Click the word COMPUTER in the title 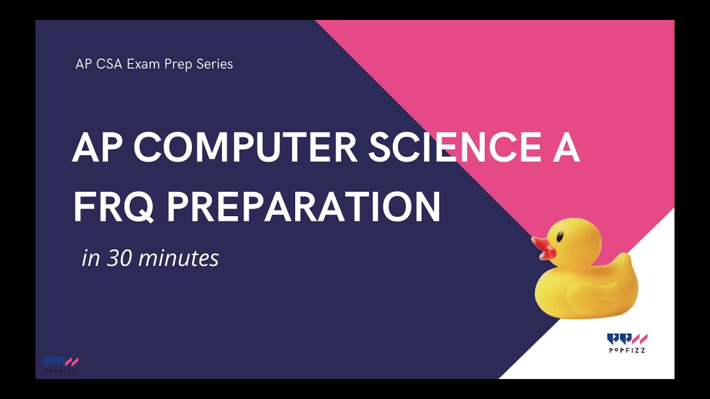point(246,148)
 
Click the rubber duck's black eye point(559,237)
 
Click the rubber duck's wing point(588,288)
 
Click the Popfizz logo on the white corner point(627,339)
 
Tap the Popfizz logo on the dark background point(61,362)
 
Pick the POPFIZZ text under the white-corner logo point(627,350)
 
